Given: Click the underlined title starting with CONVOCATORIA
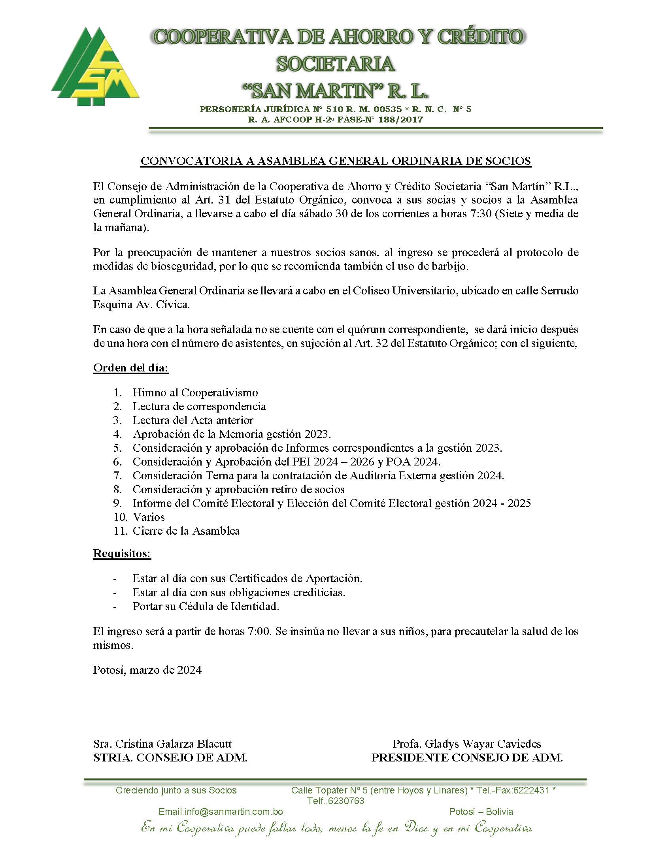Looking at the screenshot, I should [x=336, y=161].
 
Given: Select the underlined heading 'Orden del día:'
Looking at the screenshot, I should [x=131, y=367].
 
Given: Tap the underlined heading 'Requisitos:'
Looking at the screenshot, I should [x=122, y=553].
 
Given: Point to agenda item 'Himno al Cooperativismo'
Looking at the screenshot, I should [x=195, y=392].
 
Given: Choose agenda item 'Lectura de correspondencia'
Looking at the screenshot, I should [x=199, y=406].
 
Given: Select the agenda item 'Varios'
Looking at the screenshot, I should [x=149, y=517].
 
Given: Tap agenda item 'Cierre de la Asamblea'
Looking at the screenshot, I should [x=186, y=531].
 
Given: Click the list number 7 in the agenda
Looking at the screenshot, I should [x=117, y=475].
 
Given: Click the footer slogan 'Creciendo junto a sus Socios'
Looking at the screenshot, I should [x=176, y=791].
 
